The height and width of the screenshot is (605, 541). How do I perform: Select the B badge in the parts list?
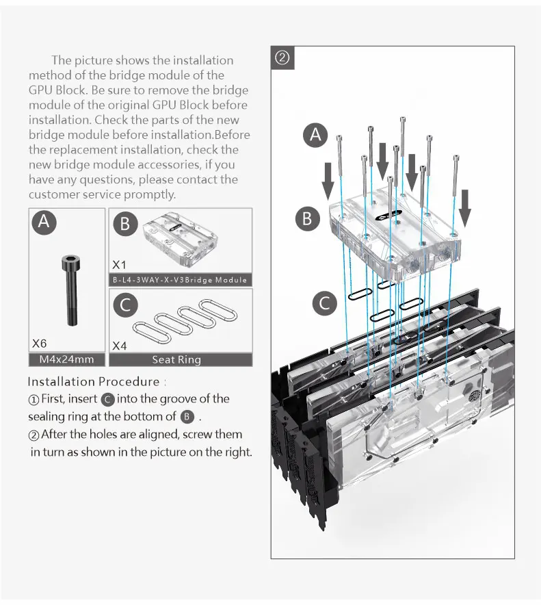pos(125,224)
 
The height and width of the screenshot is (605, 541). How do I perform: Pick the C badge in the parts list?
pos(125,305)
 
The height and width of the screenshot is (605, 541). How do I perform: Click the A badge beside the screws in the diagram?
pos(315,136)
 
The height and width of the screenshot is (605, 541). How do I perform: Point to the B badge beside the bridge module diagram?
pos(307,218)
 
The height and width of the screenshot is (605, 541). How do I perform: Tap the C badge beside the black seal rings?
pos(326,302)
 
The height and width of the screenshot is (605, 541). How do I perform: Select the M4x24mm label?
pos(67,360)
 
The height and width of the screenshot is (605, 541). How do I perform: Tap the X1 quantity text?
pos(120,264)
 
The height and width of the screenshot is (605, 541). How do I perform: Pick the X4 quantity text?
pos(120,346)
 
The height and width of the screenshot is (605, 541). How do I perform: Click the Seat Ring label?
pos(176,360)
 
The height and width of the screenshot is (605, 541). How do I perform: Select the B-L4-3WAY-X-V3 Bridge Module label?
pos(180,281)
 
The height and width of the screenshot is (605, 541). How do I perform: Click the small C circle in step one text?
pos(107,399)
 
